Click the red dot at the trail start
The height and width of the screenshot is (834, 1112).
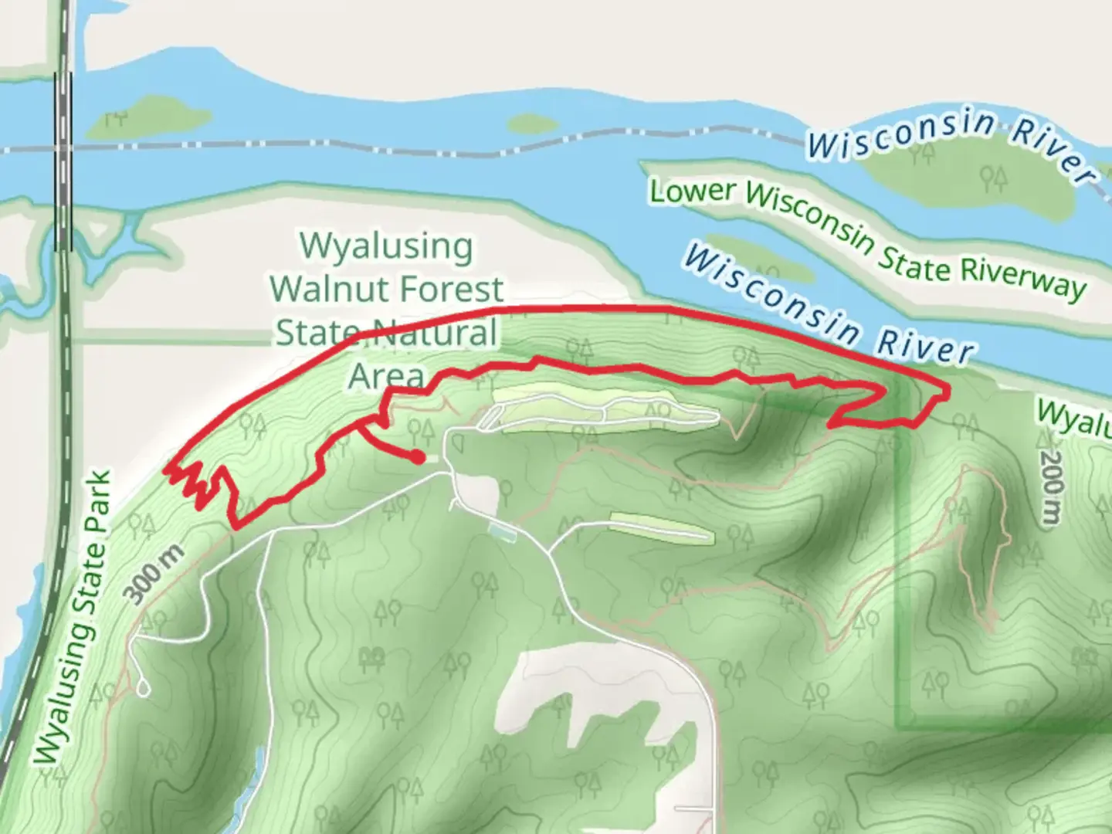click(418, 457)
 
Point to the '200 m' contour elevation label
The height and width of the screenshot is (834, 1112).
click(1051, 488)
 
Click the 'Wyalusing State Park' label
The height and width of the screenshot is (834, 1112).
click(73, 618)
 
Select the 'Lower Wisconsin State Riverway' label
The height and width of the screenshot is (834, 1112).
click(867, 238)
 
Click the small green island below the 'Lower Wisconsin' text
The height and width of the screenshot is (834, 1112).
click(761, 258)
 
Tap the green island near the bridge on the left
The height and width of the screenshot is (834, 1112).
click(147, 118)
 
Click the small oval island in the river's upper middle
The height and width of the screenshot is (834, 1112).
click(531, 124)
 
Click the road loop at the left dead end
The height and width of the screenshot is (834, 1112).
click(143, 687)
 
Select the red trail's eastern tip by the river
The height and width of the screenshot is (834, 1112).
click(945, 391)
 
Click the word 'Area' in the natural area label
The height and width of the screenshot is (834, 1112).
click(386, 376)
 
